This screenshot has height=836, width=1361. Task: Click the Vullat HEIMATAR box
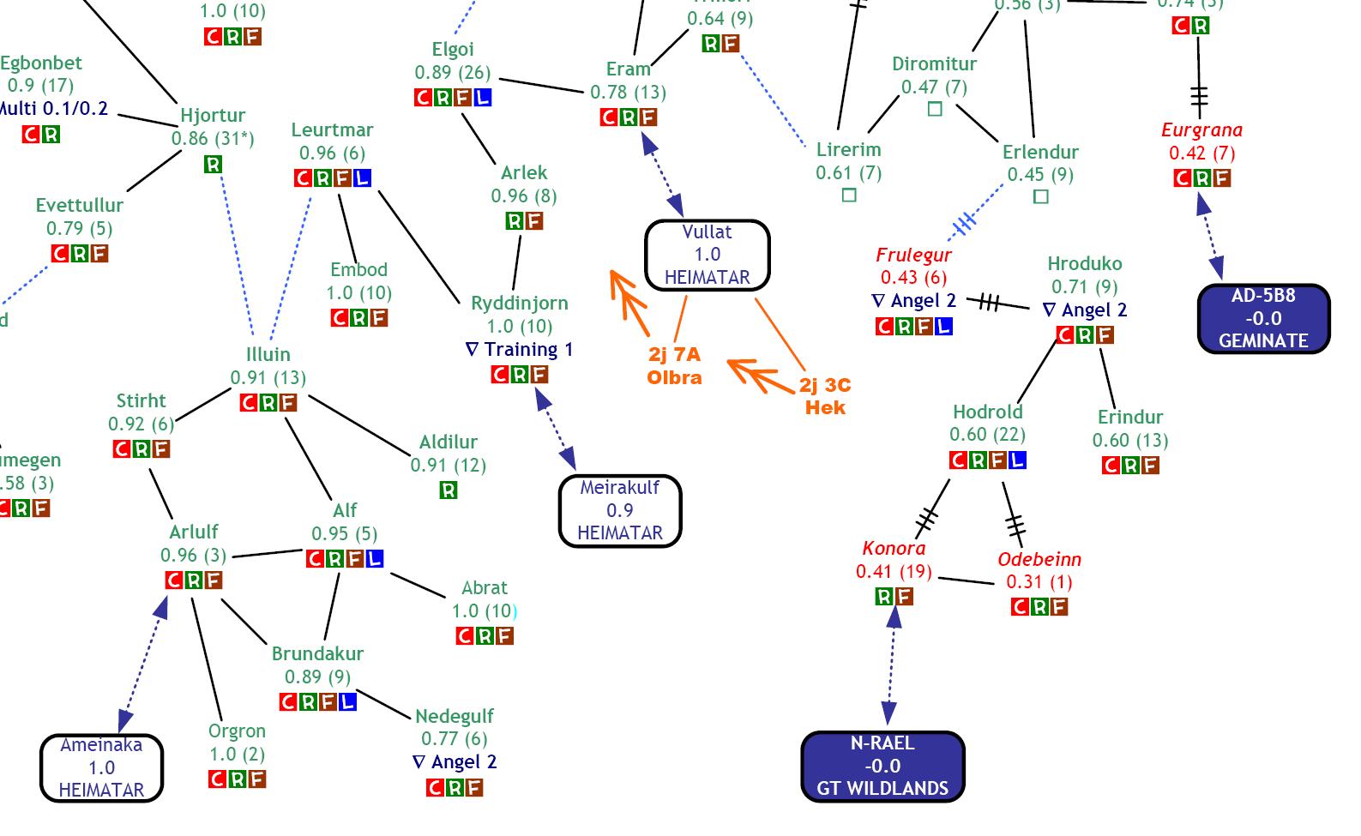(708, 255)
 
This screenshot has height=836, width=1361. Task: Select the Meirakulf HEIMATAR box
(620, 511)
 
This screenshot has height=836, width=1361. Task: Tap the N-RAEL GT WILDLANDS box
(882, 766)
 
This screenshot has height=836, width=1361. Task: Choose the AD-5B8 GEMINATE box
(1263, 318)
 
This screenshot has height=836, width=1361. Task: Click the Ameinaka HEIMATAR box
(101, 767)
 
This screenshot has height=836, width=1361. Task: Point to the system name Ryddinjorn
(519, 304)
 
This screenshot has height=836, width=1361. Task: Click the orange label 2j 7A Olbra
(674, 366)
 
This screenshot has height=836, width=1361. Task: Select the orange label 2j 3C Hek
(825, 397)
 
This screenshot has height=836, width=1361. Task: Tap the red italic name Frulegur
(913, 255)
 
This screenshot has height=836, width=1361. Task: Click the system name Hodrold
(988, 412)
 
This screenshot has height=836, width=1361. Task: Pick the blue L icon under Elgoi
(483, 97)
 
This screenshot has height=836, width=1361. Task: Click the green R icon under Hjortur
(213, 164)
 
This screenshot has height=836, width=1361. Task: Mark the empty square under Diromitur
(935, 109)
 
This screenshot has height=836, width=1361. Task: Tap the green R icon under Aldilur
(448, 490)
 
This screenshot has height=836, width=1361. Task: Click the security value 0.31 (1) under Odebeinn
(1039, 582)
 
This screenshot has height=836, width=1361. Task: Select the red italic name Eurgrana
(1201, 130)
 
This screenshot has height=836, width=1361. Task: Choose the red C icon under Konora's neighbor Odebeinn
(1020, 607)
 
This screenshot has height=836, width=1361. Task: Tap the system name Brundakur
(317, 653)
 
